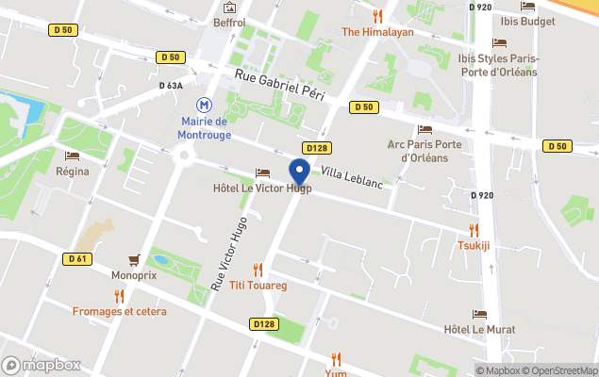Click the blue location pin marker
point(300,172)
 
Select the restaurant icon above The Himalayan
point(377,15)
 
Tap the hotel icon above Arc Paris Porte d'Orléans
point(424,129)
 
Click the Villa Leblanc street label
point(352,176)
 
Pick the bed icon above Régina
point(73,156)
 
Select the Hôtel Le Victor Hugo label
point(261,188)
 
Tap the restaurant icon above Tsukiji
point(474,229)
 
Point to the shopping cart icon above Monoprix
point(134,260)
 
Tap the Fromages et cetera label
point(120,311)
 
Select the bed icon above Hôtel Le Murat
point(480,315)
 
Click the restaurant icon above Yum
point(335,358)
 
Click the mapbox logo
point(42,365)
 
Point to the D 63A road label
point(172,85)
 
